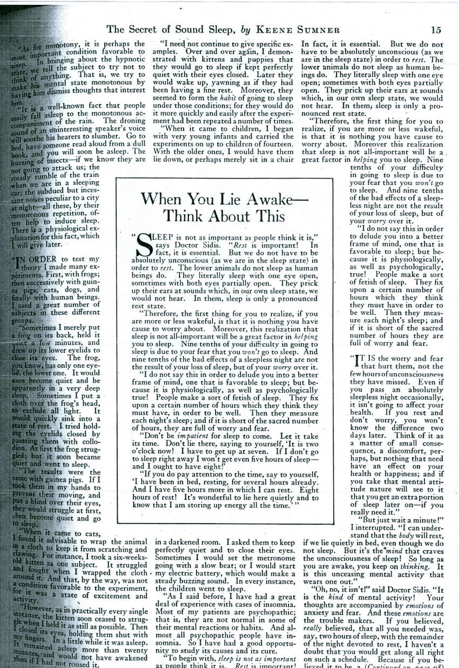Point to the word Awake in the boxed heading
point(261,199)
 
